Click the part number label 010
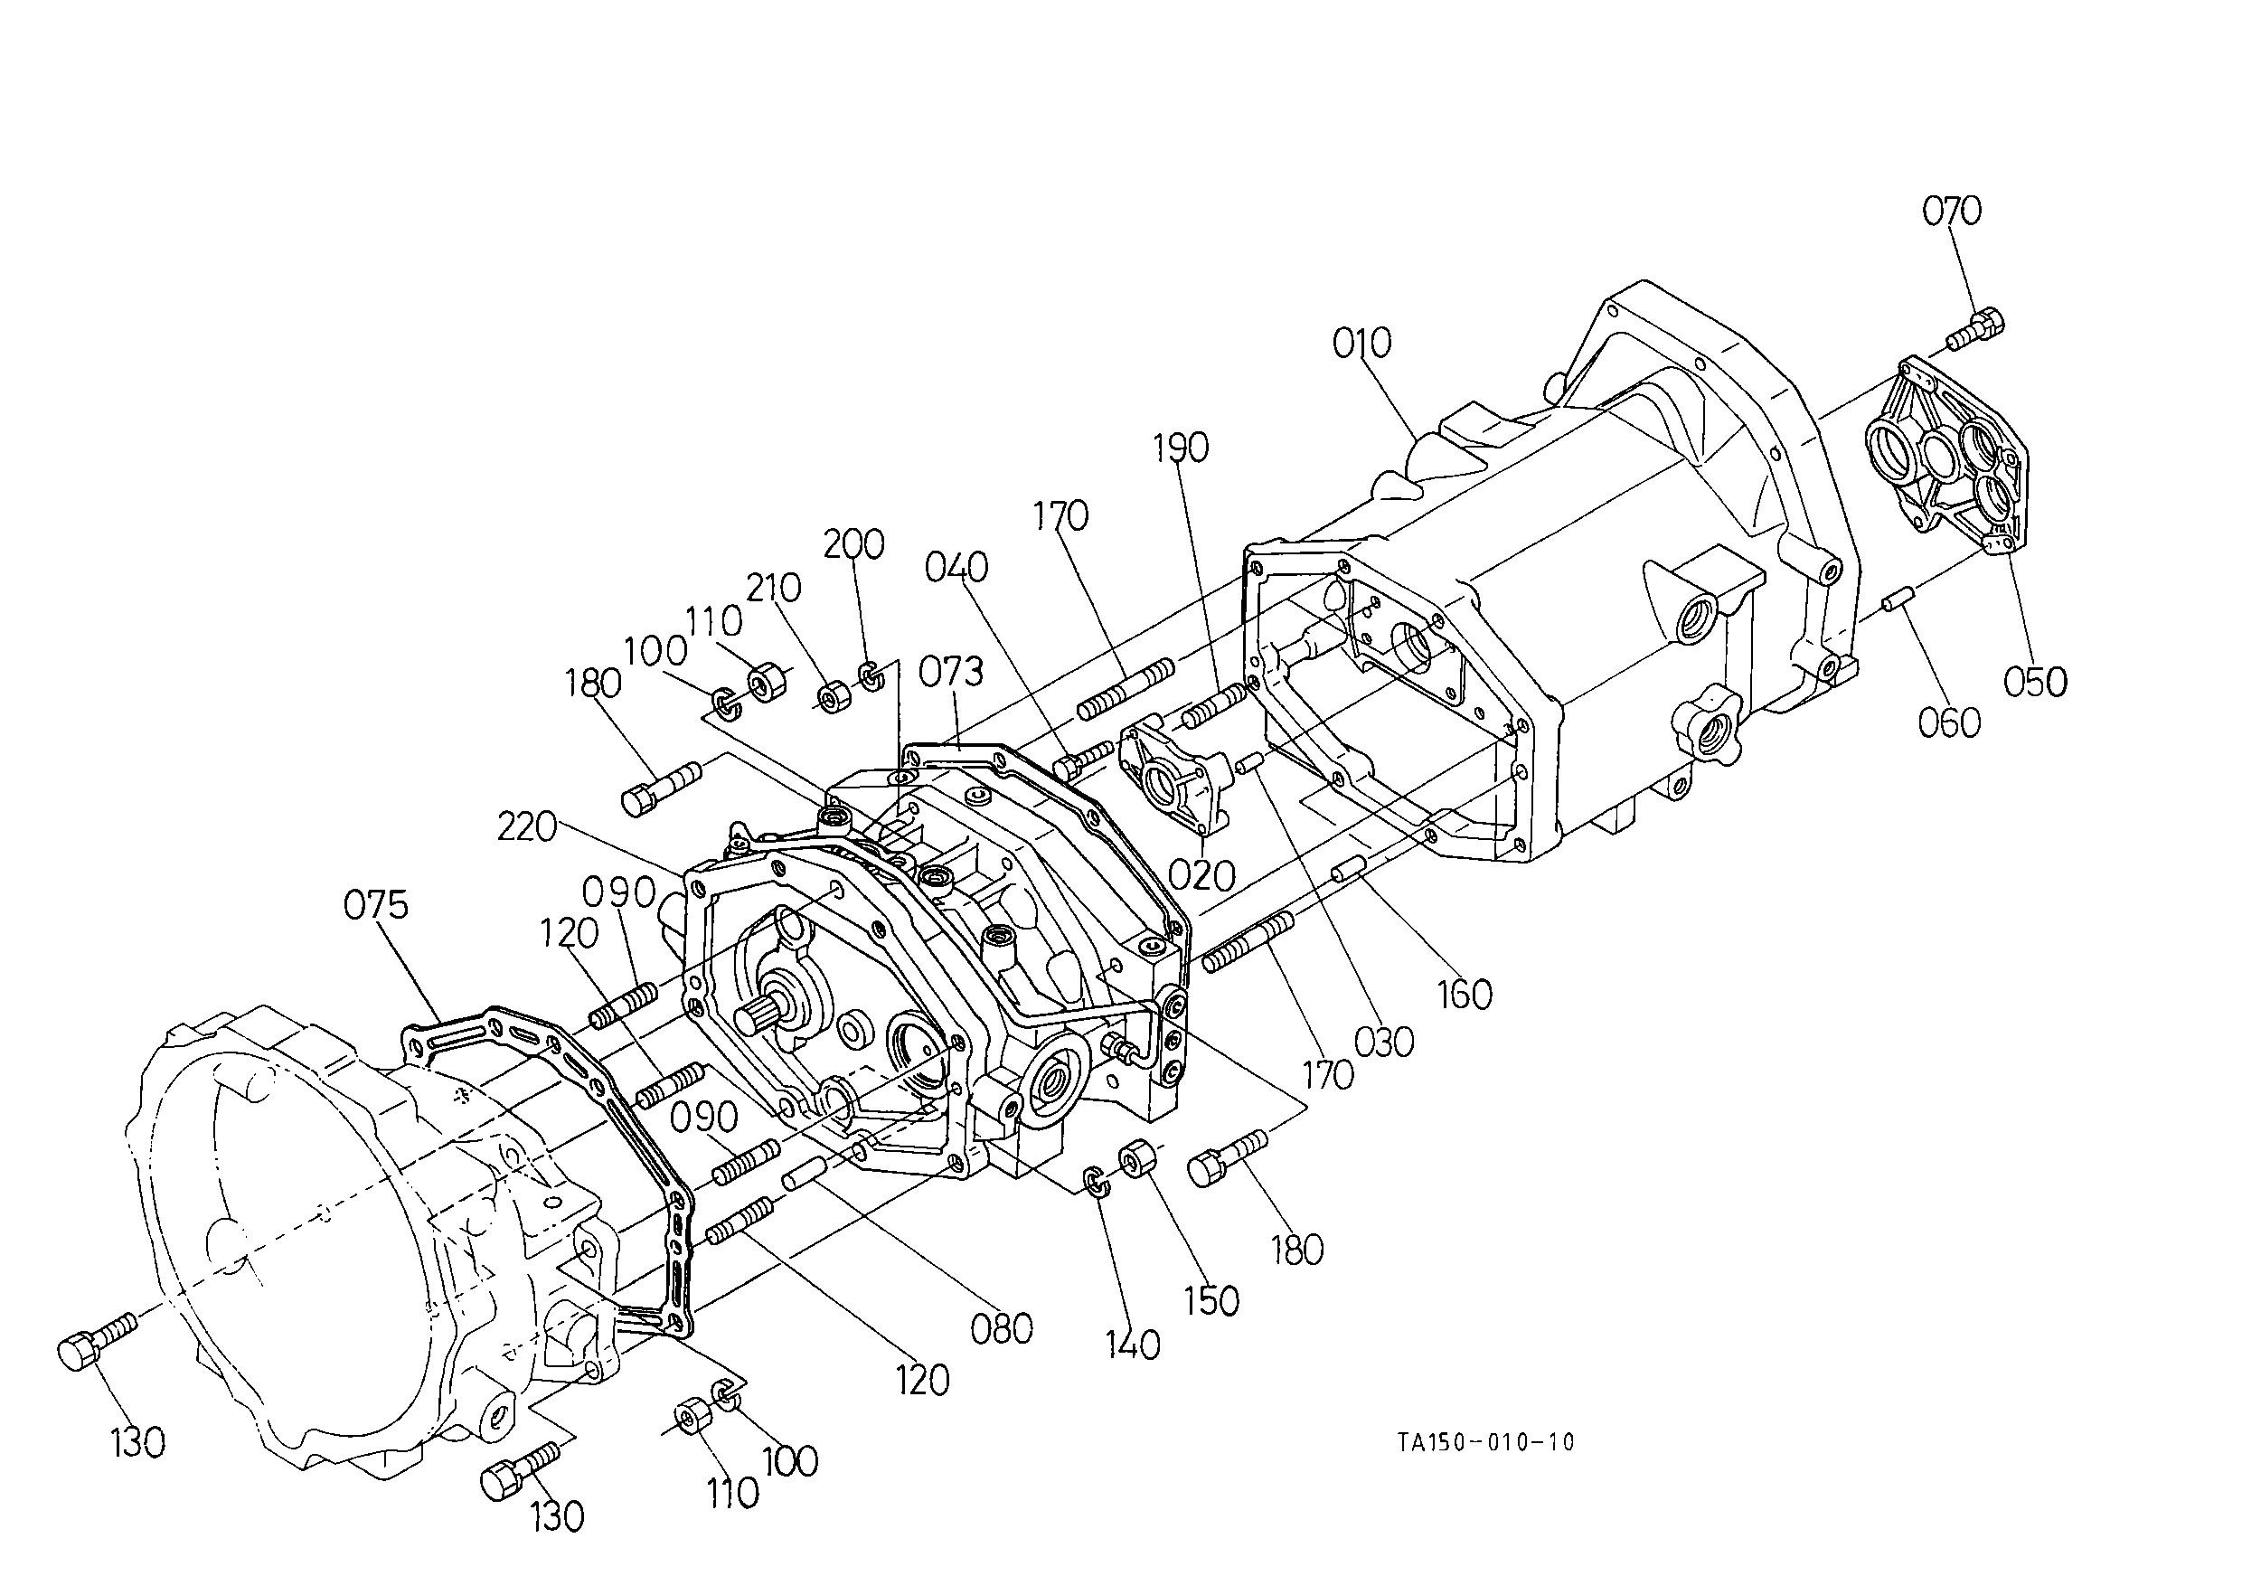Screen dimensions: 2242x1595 point(1362,344)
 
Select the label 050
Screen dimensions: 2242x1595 point(2036,682)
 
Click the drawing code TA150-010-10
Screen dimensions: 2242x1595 point(1486,1442)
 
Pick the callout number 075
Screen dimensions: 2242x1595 point(376,904)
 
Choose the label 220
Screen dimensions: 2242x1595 point(527,828)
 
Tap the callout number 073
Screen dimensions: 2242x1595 point(951,672)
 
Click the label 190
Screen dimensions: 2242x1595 point(1181,448)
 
